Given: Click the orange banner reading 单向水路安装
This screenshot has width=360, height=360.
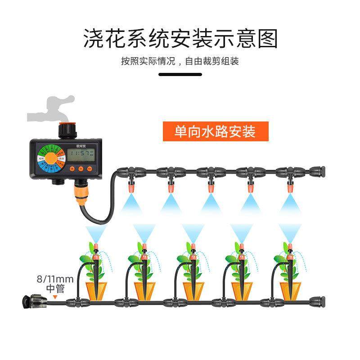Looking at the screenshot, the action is coord(215,131).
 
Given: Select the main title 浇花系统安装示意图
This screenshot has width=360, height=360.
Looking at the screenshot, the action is coord(180,39).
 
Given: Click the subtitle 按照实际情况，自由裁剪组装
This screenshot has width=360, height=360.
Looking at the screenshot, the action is coord(180,62).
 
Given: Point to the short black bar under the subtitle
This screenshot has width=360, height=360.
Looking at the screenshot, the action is coord(180,75).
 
